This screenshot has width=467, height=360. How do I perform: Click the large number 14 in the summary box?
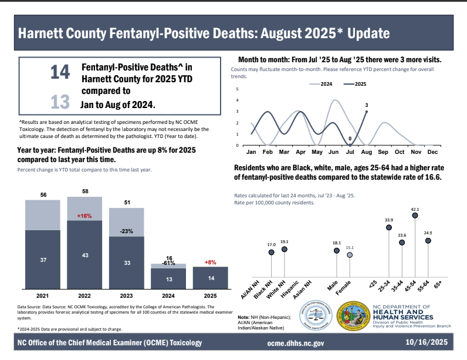coord(60,72)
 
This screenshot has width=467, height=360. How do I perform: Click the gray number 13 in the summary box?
coord(60,102)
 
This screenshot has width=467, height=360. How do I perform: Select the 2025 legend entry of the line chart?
coord(357,85)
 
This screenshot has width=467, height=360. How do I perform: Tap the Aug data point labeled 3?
coord(366,112)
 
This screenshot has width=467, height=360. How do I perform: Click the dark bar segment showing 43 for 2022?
coord(84,257)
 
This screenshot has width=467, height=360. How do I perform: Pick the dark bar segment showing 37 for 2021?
coord(42,259)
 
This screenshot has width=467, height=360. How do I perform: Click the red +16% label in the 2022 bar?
coord(85,216)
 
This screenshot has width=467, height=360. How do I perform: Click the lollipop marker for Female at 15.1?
coord(350,255)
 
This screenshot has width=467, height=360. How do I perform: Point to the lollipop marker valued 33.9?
coord(387,228)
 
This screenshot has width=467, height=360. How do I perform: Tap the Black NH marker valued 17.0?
coord(271,253)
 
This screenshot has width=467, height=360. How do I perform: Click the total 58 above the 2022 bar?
coord(84,192)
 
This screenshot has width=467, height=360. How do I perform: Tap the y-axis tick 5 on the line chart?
coord(237,89)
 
